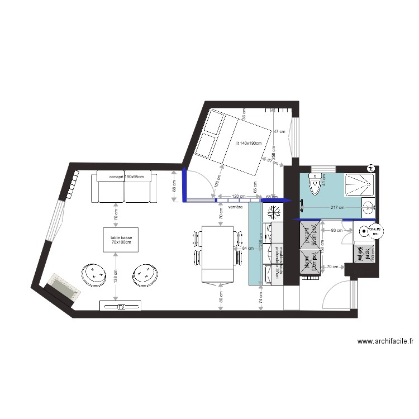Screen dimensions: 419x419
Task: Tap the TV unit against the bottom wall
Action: tap(121, 306)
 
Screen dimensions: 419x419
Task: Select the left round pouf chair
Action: tap(93, 274)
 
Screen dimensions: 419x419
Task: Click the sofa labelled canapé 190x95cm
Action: tap(123, 188)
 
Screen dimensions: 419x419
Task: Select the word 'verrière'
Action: tap(236, 207)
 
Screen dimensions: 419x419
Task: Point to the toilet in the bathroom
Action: tap(314, 184)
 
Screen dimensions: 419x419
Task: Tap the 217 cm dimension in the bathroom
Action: tap(337, 208)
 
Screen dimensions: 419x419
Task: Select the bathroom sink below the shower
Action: tap(369, 207)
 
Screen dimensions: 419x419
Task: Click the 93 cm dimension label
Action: tap(336, 230)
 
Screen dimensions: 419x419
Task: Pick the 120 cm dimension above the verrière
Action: tap(238, 197)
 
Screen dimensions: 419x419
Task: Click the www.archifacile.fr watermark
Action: tap(385, 341)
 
